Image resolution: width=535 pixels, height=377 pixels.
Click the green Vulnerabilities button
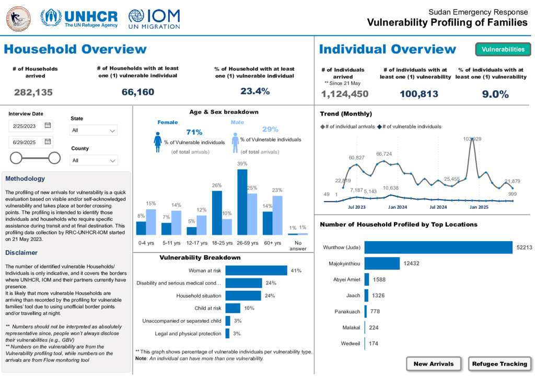pos(503,50)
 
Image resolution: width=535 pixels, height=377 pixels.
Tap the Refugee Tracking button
pos(499,364)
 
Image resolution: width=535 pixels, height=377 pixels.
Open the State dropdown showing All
pos(94,131)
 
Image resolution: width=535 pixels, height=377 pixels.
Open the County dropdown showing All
pos(94,160)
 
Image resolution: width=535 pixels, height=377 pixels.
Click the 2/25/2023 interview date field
pos(30,125)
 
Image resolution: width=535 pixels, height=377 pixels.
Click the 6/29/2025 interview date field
pos(30,142)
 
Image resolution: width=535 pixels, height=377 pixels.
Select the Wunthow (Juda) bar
pos(438,247)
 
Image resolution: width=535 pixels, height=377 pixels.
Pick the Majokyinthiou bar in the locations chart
pos(382,264)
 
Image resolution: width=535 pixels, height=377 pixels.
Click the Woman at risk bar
pos(256,270)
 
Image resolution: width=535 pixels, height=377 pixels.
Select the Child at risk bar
pos(232,308)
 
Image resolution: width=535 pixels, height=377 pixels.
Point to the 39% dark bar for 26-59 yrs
pos(242,202)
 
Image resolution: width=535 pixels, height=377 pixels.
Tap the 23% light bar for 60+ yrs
pos(277,215)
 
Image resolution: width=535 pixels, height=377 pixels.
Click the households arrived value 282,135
pos(33,92)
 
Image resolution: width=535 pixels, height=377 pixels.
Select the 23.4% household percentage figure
pos(254,91)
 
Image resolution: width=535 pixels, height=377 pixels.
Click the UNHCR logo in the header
pos(79,18)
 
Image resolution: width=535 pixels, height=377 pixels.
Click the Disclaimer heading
pos(21,253)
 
